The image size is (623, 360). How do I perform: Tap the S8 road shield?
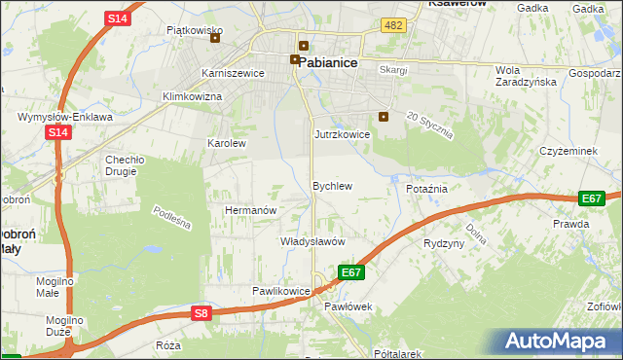[x=201, y=313]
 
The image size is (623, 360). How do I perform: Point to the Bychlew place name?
[x=331, y=185]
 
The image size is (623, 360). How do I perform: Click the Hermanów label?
[x=252, y=210]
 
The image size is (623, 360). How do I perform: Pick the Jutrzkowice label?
[x=342, y=134]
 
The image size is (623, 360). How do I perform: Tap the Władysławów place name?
[x=312, y=241]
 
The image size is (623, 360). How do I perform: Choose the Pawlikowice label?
[x=280, y=291]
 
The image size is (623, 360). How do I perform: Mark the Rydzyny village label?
[x=444, y=243]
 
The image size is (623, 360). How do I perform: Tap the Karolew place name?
[x=227, y=143]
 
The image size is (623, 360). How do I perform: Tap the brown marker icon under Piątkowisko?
[x=215, y=39]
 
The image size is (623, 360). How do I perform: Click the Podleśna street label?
[x=172, y=218]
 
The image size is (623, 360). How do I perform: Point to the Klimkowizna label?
[x=192, y=97]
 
